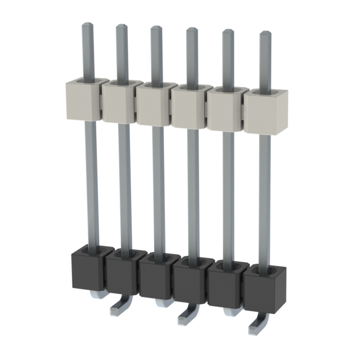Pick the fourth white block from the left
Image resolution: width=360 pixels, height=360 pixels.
[189, 108]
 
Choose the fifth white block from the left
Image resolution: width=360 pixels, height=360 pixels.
[224, 111]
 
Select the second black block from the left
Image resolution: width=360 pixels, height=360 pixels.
[121, 275]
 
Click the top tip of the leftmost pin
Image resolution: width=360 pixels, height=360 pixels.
[87, 25]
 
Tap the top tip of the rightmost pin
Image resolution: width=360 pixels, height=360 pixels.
[264, 34]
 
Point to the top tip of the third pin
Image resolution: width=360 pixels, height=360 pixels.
[156, 29]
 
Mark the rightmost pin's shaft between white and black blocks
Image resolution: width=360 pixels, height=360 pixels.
[264, 197]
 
